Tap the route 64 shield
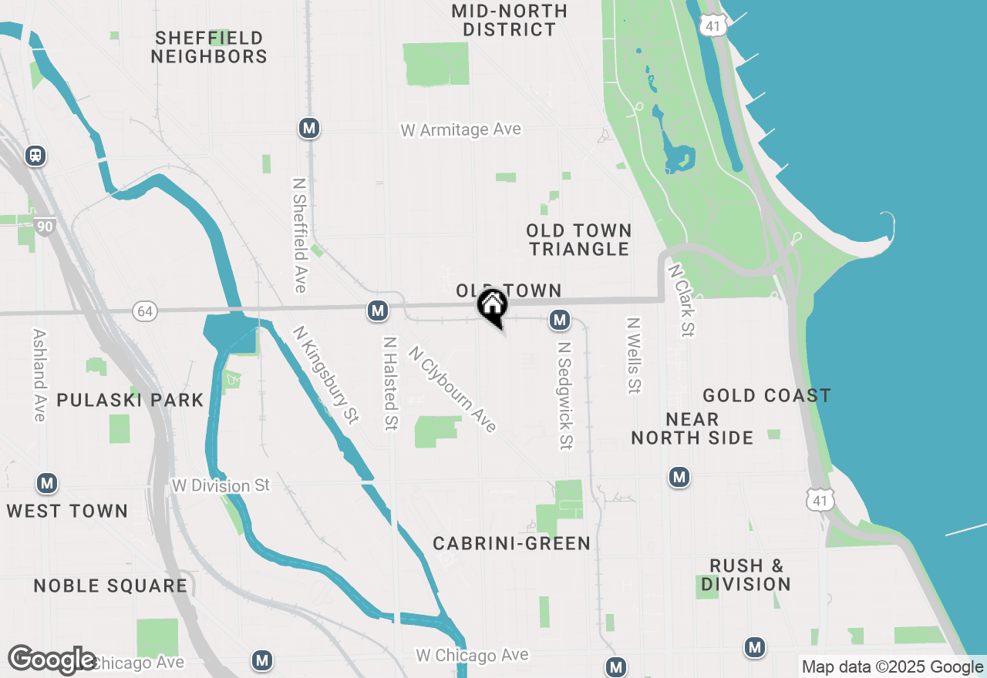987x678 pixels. [x=144, y=311]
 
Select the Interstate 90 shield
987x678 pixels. [x=45, y=226]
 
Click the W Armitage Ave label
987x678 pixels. [x=460, y=130]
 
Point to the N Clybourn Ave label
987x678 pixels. [x=452, y=389]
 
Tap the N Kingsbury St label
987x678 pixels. [x=325, y=375]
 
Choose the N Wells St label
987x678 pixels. [x=634, y=356]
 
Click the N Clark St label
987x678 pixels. [x=681, y=301]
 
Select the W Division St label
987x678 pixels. [x=221, y=485]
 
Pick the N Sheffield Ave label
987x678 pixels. [x=299, y=236]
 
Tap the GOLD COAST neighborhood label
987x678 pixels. [x=766, y=396]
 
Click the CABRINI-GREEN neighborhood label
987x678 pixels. [x=511, y=543]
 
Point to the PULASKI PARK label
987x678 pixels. [x=130, y=400]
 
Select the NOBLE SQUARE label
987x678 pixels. [x=110, y=586]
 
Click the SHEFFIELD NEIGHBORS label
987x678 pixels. [x=209, y=47]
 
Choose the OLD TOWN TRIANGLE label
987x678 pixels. [x=579, y=240]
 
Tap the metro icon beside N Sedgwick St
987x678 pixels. [x=560, y=319]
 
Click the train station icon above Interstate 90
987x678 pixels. [x=35, y=156]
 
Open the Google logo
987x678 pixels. [x=52, y=660]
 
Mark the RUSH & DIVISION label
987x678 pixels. [x=746, y=575]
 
